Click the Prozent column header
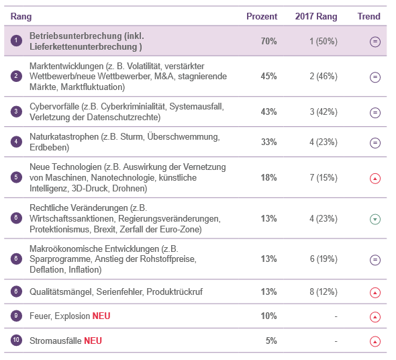pyautogui.click(x=262, y=16)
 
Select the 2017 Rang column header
pyautogui.click(x=316, y=16)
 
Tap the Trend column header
pyautogui.click(x=368, y=16)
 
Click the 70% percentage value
pyautogui.click(x=268, y=41)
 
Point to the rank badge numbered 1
pyautogui.click(x=16, y=40)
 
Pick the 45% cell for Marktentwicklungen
pyautogui.click(x=268, y=77)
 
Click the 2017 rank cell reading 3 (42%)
pyautogui.click(x=324, y=111)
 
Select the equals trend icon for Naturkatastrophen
pyautogui.click(x=375, y=143)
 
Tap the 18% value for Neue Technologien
pyautogui.click(x=268, y=178)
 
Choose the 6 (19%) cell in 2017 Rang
pyautogui.click(x=324, y=259)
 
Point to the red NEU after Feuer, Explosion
pyautogui.click(x=101, y=316)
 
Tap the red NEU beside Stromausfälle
pyautogui.click(x=93, y=341)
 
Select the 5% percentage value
pyautogui.click(x=271, y=341)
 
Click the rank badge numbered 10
pyautogui.click(x=16, y=340)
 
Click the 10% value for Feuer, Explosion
pyautogui.click(x=268, y=316)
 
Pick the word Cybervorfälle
pyautogui.click(x=54, y=106)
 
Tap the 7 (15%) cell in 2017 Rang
pyautogui.click(x=324, y=178)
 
